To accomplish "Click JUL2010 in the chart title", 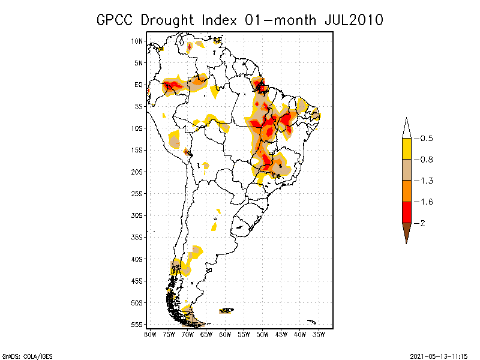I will coord(353,20).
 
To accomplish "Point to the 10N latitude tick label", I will coord(137,41).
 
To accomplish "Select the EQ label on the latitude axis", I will coord(139,85).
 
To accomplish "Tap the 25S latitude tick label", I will coord(137,193).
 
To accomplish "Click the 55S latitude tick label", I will coord(137,324).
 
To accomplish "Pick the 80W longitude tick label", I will coord(150,334).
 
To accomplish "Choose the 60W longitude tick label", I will coord(225,334).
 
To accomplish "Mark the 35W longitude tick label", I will coord(319,334).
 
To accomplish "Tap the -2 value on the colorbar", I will coord(422,223).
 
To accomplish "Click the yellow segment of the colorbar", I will coord(406,149).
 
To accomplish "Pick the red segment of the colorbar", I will coord(406,212).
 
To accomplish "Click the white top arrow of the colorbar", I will coord(406,128).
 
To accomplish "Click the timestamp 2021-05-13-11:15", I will coord(439,356).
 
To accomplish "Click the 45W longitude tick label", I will coord(281,334).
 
